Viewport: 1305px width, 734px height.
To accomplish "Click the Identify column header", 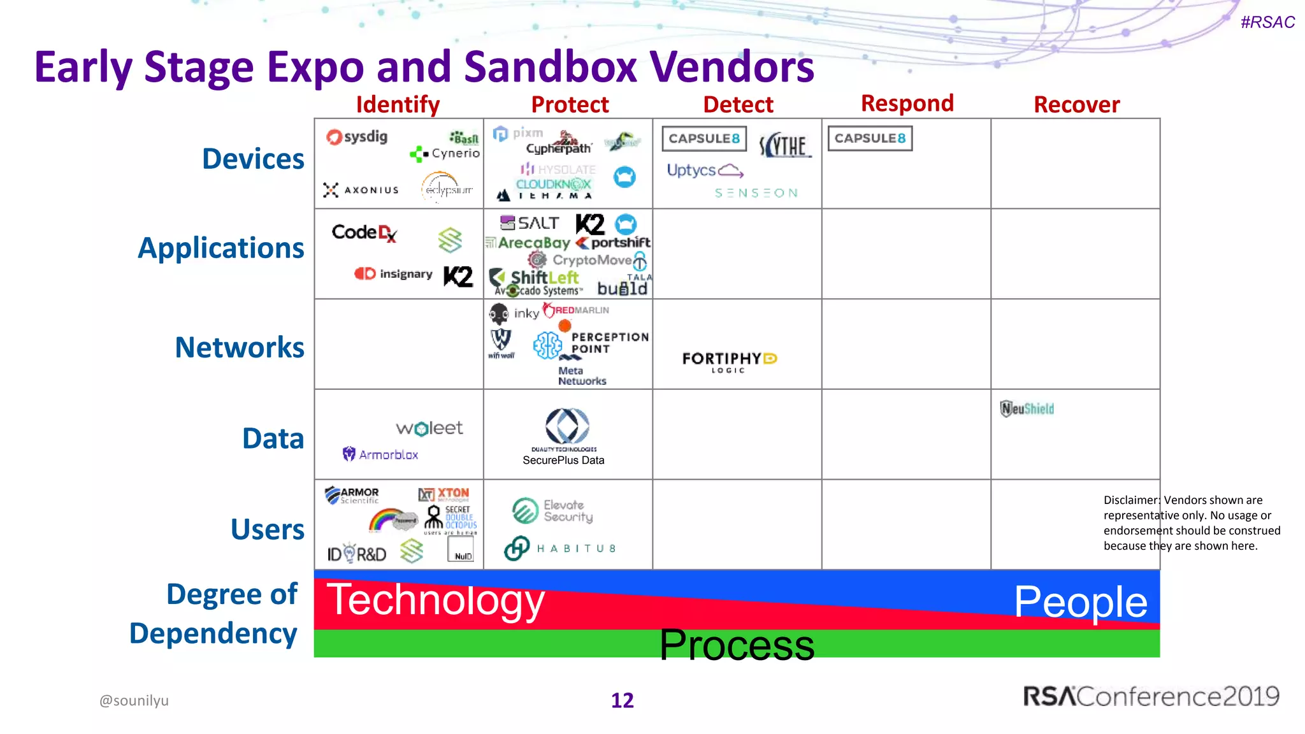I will tap(398, 104).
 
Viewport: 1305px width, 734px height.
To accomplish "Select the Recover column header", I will tap(1076, 104).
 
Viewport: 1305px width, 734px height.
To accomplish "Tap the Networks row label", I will tap(240, 347).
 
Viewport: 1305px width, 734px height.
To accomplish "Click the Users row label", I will tap(268, 529).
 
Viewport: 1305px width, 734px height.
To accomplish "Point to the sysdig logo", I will tap(357, 137).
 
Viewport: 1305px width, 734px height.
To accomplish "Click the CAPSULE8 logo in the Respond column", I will tap(870, 138).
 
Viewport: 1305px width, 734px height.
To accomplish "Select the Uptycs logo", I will tap(704, 170).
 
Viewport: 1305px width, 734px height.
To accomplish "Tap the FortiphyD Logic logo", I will tap(729, 361).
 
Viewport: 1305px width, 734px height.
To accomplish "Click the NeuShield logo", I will tap(1027, 408).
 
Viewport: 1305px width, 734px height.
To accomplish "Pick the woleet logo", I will tap(429, 428).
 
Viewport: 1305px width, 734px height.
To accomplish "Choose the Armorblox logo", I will tap(380, 454).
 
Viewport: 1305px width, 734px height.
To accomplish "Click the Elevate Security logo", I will tap(552, 511).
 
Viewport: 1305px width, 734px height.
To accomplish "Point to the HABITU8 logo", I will tap(560, 548).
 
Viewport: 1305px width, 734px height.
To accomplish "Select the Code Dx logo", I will tap(364, 233).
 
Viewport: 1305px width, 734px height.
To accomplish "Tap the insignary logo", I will tap(394, 273).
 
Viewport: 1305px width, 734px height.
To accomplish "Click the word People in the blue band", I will tap(1080, 601).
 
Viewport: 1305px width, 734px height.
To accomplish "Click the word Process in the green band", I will tap(737, 645).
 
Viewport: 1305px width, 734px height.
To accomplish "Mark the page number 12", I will tap(622, 700).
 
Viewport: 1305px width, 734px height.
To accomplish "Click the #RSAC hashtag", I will tap(1267, 22).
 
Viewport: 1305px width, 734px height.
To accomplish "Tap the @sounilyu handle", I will tap(134, 700).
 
